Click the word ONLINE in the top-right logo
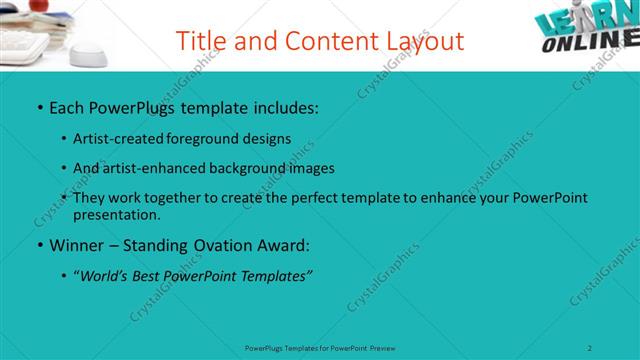coord(591,43)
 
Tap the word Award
coord(287,245)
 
